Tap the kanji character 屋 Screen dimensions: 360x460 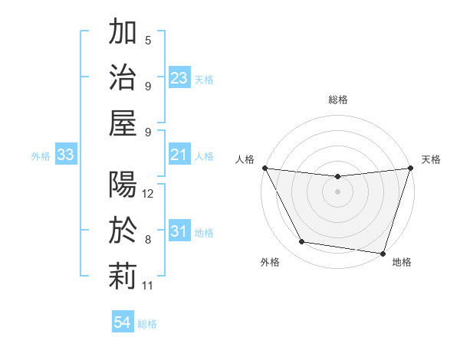tap(123, 122)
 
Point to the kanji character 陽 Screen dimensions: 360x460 tap(123, 185)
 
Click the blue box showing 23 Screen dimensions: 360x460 tap(179, 78)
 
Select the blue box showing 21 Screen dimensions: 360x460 tap(179, 155)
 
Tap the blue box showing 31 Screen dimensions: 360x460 tap(179, 231)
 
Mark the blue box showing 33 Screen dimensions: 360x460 tap(65, 155)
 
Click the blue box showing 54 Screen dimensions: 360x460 tap(123, 322)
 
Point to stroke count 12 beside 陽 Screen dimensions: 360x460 tap(149, 194)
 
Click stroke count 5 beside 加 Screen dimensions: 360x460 tap(148, 40)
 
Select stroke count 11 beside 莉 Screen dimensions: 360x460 tap(149, 286)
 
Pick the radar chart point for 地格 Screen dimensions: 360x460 tap(383, 253)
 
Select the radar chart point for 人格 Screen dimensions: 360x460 tap(264, 168)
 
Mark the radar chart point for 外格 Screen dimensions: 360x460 tap(301, 242)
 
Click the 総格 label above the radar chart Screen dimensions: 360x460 tap(338, 100)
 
